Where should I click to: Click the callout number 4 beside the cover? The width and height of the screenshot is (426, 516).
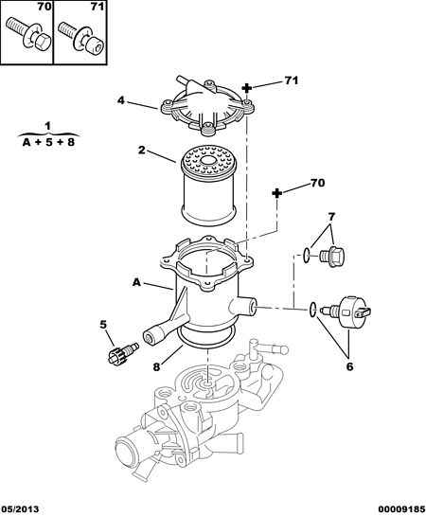tap(121, 100)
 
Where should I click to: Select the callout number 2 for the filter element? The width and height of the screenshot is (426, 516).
tap(141, 150)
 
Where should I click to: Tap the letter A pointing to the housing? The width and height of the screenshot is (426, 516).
tap(137, 282)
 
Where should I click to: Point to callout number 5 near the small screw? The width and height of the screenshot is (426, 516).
tap(103, 325)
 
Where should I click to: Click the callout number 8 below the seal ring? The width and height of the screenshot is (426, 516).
tap(156, 366)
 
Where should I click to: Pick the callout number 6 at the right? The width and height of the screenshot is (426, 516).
tap(349, 366)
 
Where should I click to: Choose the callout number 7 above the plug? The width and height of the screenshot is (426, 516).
tap(331, 217)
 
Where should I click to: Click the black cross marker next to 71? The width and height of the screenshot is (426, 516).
tap(247, 88)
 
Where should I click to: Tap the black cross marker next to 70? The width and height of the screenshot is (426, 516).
tap(277, 193)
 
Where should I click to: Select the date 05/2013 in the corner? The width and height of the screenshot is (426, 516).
tap(20, 509)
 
